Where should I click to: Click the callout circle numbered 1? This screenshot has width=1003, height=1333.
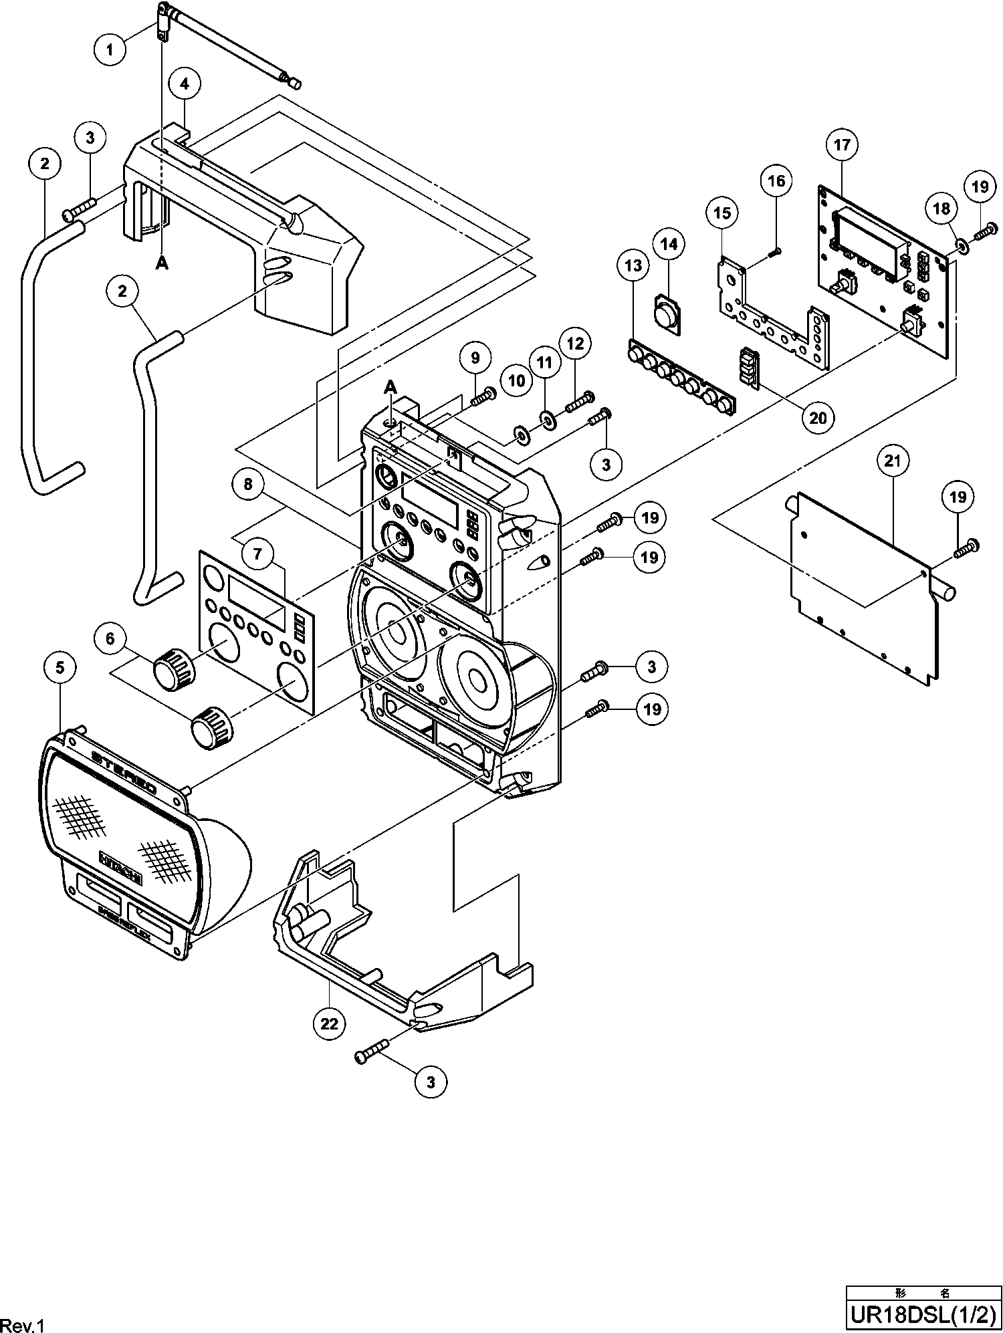(111, 47)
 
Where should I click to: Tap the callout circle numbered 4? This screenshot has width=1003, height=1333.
(185, 84)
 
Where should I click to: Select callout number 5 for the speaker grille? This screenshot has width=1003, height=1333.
(60, 667)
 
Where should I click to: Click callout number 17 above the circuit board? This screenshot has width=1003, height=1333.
(842, 144)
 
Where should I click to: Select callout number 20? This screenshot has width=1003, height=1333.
(818, 418)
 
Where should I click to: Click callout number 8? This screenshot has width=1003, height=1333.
(248, 483)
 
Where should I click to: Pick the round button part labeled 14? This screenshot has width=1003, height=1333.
(666, 313)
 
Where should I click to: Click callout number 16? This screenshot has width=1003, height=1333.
(777, 180)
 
